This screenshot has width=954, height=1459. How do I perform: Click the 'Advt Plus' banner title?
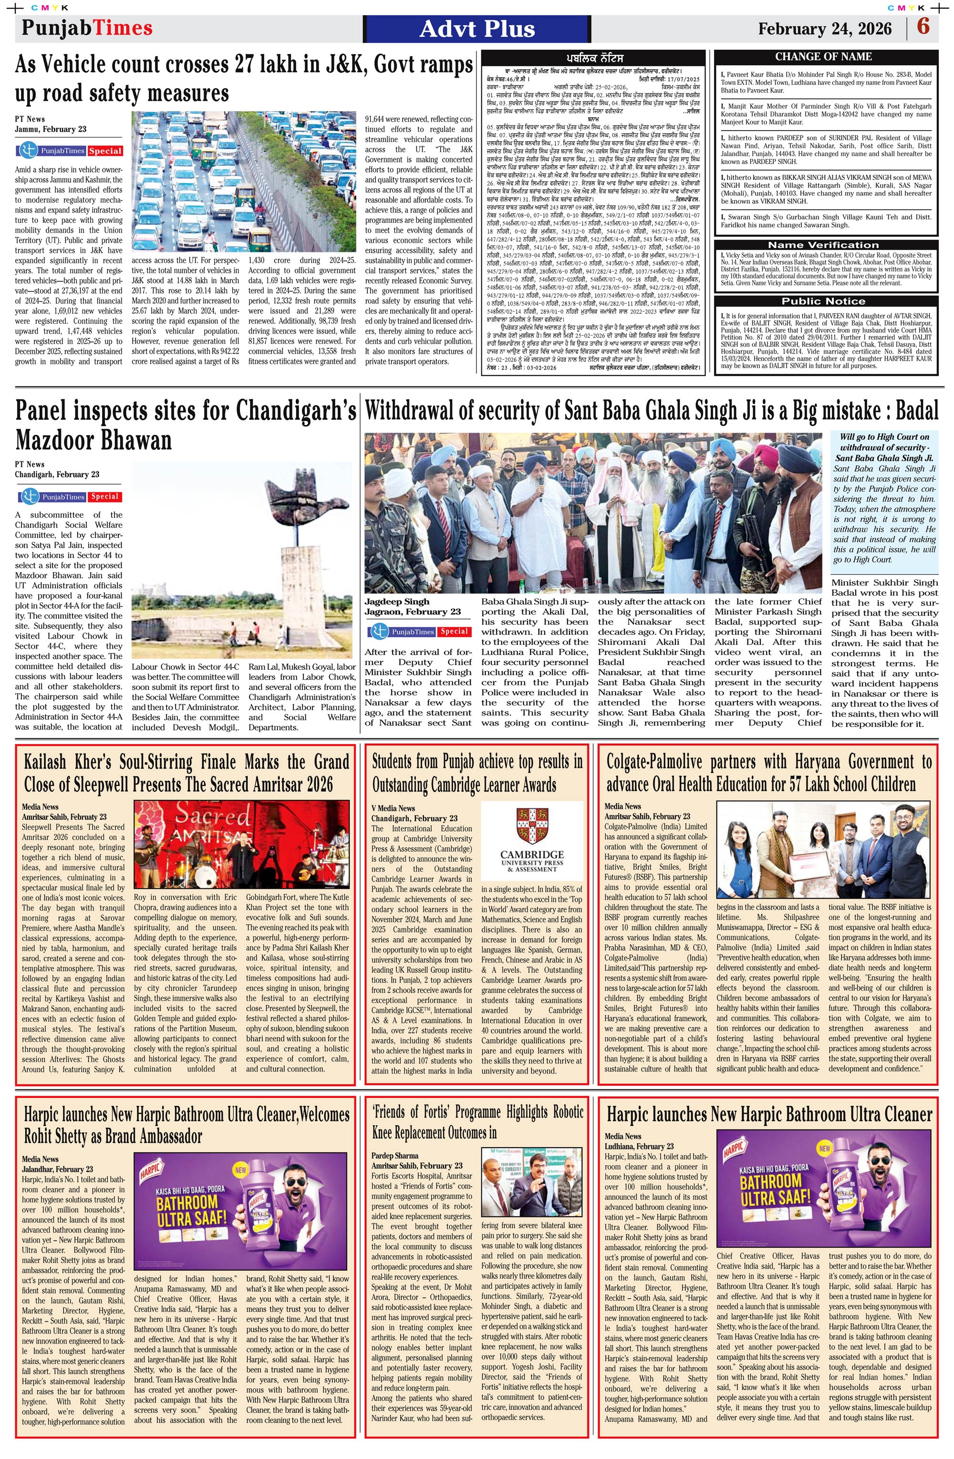click(477, 29)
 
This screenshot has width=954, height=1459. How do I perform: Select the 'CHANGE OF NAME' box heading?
click(823, 56)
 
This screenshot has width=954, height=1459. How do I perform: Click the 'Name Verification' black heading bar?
click(823, 245)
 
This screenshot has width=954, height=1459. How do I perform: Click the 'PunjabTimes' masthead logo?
click(86, 28)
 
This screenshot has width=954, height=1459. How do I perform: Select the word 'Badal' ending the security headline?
click(917, 411)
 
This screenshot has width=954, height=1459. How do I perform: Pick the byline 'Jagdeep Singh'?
click(397, 601)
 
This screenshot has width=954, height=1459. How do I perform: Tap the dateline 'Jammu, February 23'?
click(50, 129)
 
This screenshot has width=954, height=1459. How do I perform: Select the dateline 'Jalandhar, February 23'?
click(57, 1169)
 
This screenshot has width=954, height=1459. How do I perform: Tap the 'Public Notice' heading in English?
click(823, 301)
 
